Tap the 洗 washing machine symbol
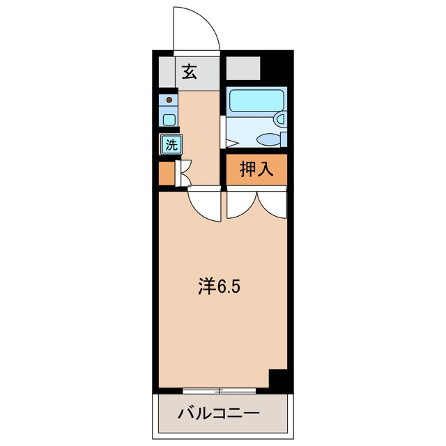(171, 144)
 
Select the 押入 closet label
(256, 169)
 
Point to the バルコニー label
(219, 413)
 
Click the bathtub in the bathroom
(256, 100)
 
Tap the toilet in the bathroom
(272, 139)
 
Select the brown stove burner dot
(169, 100)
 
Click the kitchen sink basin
(169, 120)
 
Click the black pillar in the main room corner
(277, 378)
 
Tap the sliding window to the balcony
(219, 391)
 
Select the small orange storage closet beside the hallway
(167, 173)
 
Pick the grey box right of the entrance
(243, 68)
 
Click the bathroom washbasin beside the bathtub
(280, 118)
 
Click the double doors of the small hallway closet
(183, 173)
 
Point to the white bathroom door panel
(223, 132)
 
